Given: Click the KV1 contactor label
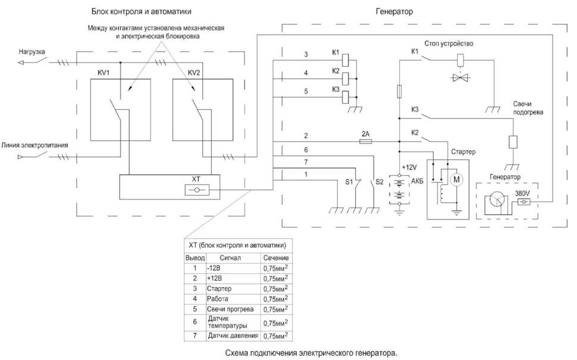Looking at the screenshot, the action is click(103, 73).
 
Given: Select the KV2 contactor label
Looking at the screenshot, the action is click(194, 73).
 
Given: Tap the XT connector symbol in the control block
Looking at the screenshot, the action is click(197, 190).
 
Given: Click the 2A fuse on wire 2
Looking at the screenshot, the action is click(365, 141).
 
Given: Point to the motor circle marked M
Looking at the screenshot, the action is click(456, 180).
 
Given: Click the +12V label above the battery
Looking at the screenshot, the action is click(409, 168).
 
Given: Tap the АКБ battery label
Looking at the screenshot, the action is click(417, 181).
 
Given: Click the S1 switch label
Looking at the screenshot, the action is click(349, 182).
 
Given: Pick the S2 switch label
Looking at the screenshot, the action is click(379, 182).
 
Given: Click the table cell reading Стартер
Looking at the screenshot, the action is click(219, 288).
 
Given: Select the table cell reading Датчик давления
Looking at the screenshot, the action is click(233, 336).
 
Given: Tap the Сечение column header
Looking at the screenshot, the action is click(276, 258).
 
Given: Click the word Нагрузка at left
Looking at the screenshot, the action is click(32, 52).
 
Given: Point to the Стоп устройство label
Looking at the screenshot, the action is click(449, 44).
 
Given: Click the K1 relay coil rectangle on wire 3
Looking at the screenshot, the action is click(345, 59).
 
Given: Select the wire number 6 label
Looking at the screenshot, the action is click(306, 150).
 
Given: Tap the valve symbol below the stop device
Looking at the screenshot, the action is click(460, 78).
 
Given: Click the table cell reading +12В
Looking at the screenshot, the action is click(214, 278).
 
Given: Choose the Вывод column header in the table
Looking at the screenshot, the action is click(195, 258).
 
